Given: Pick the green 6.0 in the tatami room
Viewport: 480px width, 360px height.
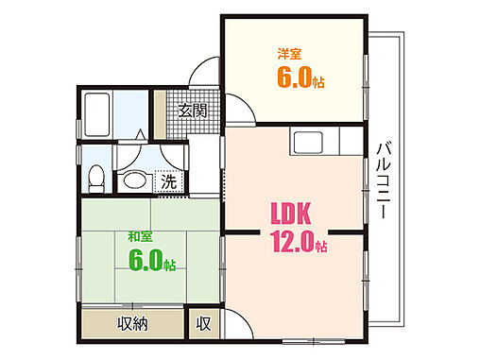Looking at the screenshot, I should pos(145,260).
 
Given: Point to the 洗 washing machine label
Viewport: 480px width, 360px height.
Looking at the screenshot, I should pos(167,180).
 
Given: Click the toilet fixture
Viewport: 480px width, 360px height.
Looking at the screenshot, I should pos(94,178).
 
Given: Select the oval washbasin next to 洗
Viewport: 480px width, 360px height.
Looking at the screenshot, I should pos(134,180).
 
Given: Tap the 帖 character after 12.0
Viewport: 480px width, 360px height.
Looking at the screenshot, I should pos(322,248).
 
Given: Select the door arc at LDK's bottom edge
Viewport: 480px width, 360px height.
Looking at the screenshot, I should pos(238,327).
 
